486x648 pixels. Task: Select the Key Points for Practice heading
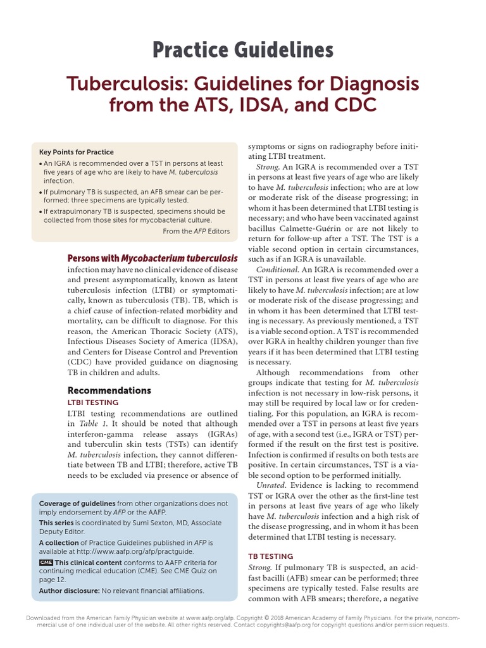(77, 152)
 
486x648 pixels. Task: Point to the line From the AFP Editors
(196, 231)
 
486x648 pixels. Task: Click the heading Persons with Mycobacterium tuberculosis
(153, 258)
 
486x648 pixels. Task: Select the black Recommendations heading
(109, 390)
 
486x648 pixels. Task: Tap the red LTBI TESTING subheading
(93, 402)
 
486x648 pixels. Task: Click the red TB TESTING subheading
(270, 556)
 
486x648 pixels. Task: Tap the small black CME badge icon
(46, 562)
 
